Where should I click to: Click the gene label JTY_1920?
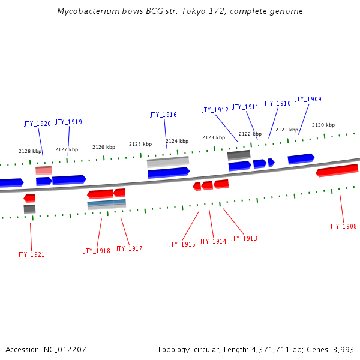pyautogui.click(x=37, y=124)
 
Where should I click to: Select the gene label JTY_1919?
pyautogui.click(x=68, y=122)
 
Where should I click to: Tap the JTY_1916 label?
pyautogui.click(x=163, y=115)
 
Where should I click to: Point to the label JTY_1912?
pyautogui.click(x=215, y=110)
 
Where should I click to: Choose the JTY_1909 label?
pyautogui.click(x=308, y=99)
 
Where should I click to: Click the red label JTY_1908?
pyautogui.click(x=343, y=226)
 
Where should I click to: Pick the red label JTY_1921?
pyautogui.click(x=31, y=254)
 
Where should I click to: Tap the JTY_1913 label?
pyautogui.click(x=244, y=238)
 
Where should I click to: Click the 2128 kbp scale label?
pyautogui.click(x=30, y=151)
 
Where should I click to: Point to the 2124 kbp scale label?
pyautogui.click(x=177, y=141)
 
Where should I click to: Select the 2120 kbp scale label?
pyautogui.click(x=323, y=125)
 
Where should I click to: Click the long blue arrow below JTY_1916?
pyautogui.click(x=169, y=173)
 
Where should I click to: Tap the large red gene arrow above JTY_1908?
pyautogui.click(x=337, y=170)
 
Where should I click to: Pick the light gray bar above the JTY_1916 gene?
pyautogui.click(x=168, y=161)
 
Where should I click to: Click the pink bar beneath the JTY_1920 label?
pyautogui.click(x=44, y=170)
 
